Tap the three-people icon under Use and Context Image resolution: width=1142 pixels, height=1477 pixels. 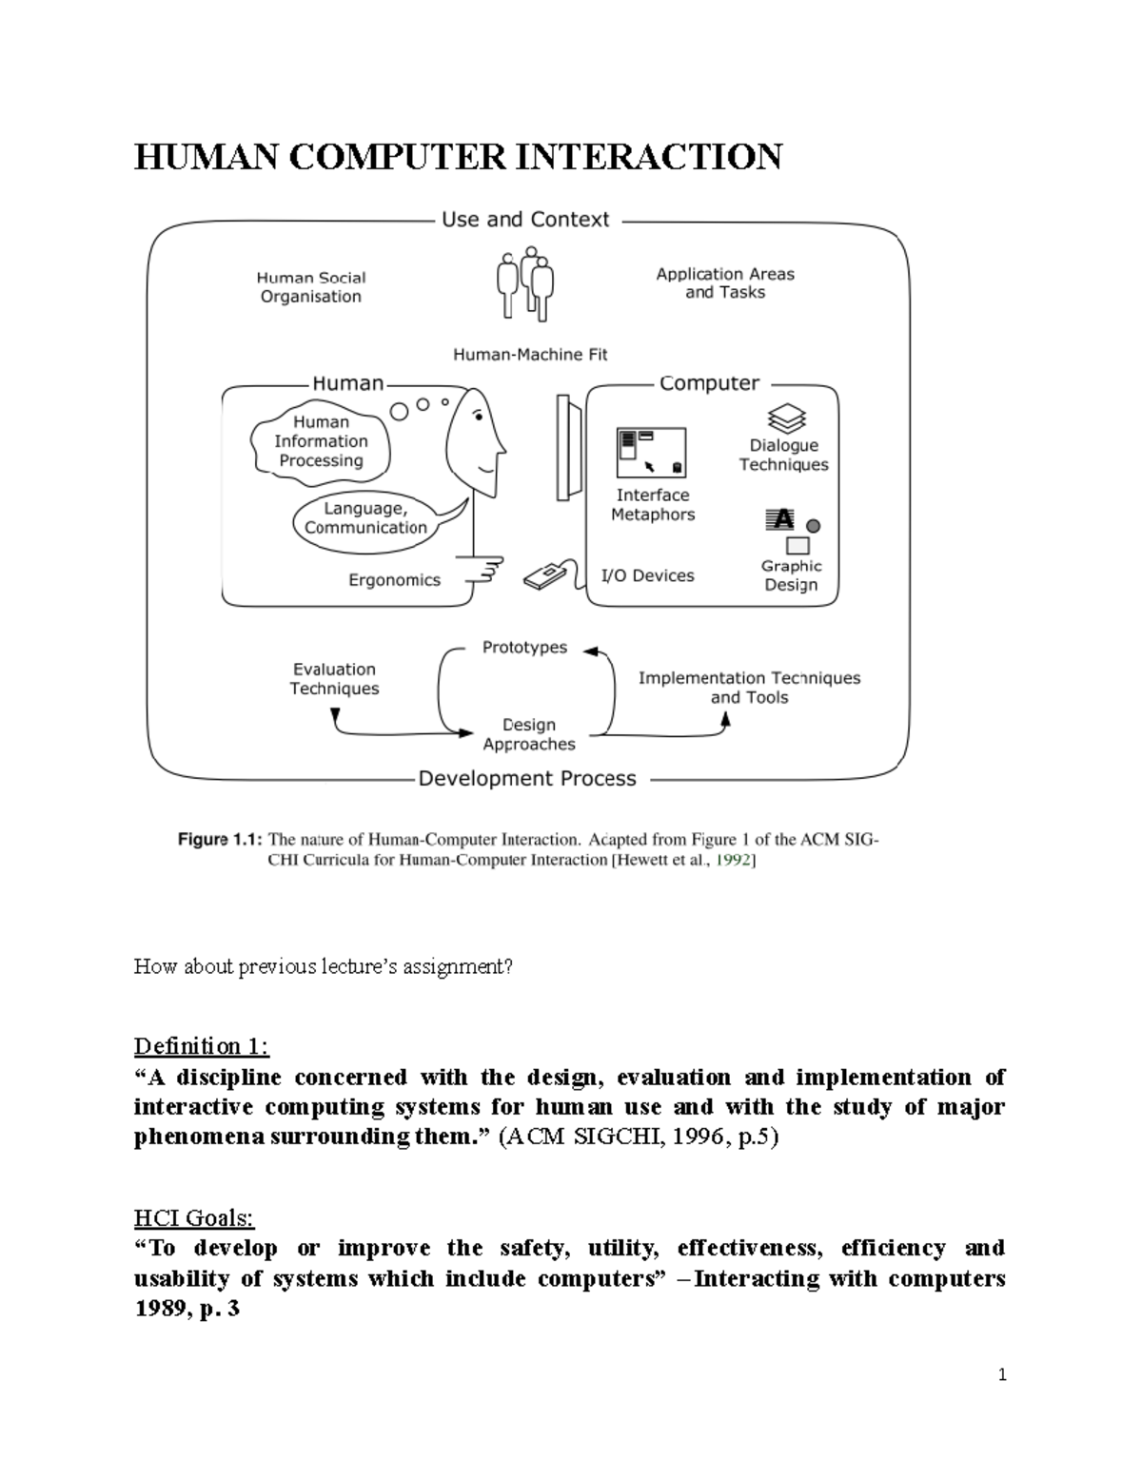click(x=525, y=282)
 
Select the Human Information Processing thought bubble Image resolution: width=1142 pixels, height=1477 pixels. click(x=321, y=441)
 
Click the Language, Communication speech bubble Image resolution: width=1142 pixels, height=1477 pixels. click(x=366, y=518)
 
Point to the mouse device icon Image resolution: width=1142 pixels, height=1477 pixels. click(x=544, y=576)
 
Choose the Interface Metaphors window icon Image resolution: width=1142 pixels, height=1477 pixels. click(x=652, y=452)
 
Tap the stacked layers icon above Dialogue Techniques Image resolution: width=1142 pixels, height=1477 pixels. click(x=786, y=418)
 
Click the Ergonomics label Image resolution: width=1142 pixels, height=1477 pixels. click(x=394, y=580)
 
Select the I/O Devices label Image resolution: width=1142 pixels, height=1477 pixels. click(x=647, y=575)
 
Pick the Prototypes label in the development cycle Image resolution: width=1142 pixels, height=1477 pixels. click(x=524, y=648)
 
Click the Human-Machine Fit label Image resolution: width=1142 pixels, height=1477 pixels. click(x=529, y=355)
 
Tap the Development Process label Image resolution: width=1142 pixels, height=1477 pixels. click(x=527, y=779)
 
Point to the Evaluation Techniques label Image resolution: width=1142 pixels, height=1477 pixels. click(x=334, y=679)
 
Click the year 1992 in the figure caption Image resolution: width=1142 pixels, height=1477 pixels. click(x=735, y=860)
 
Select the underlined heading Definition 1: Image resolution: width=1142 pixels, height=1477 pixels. click(x=202, y=1046)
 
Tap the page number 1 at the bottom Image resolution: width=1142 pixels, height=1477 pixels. click(x=1002, y=1374)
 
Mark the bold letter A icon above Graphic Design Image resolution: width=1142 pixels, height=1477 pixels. click(x=781, y=519)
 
